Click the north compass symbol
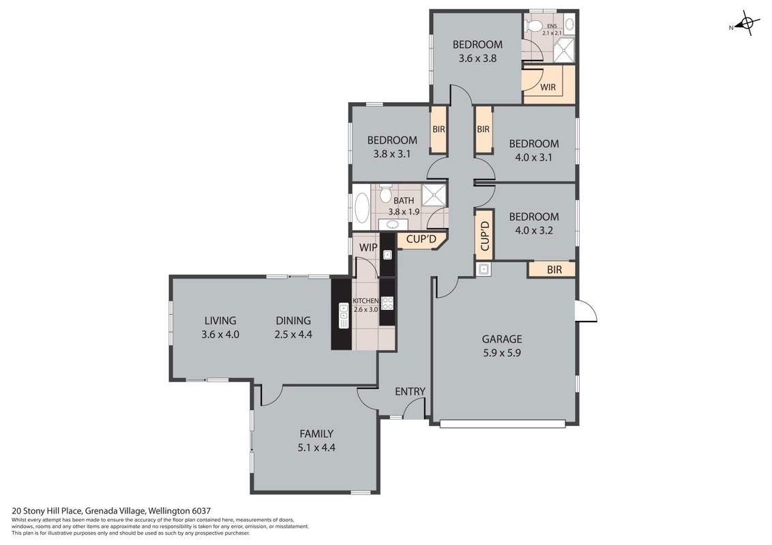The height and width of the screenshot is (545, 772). [x=746, y=24]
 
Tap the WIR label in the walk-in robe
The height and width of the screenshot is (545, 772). [x=548, y=87]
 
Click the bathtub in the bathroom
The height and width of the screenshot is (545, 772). [x=362, y=208]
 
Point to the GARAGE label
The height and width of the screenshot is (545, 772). [x=502, y=339]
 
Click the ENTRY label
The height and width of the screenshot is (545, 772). [x=410, y=392]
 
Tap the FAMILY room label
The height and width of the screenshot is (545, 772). [x=316, y=434]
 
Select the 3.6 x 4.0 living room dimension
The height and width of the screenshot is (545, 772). [x=220, y=334]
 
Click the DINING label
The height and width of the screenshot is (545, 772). [x=293, y=321]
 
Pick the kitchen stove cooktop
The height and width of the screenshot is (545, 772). [x=387, y=303]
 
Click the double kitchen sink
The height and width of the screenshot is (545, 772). [x=344, y=315]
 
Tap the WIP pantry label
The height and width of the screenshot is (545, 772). [x=368, y=247]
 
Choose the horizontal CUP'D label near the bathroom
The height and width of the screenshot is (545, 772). [x=421, y=240]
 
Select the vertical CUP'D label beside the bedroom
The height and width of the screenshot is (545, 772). [x=485, y=236]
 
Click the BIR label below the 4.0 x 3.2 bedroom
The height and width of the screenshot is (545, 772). [x=554, y=270]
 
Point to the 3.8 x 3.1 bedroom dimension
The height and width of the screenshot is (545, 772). [x=392, y=154]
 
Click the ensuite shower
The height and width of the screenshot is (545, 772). [x=564, y=50]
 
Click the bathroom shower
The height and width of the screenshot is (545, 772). [x=434, y=195]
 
